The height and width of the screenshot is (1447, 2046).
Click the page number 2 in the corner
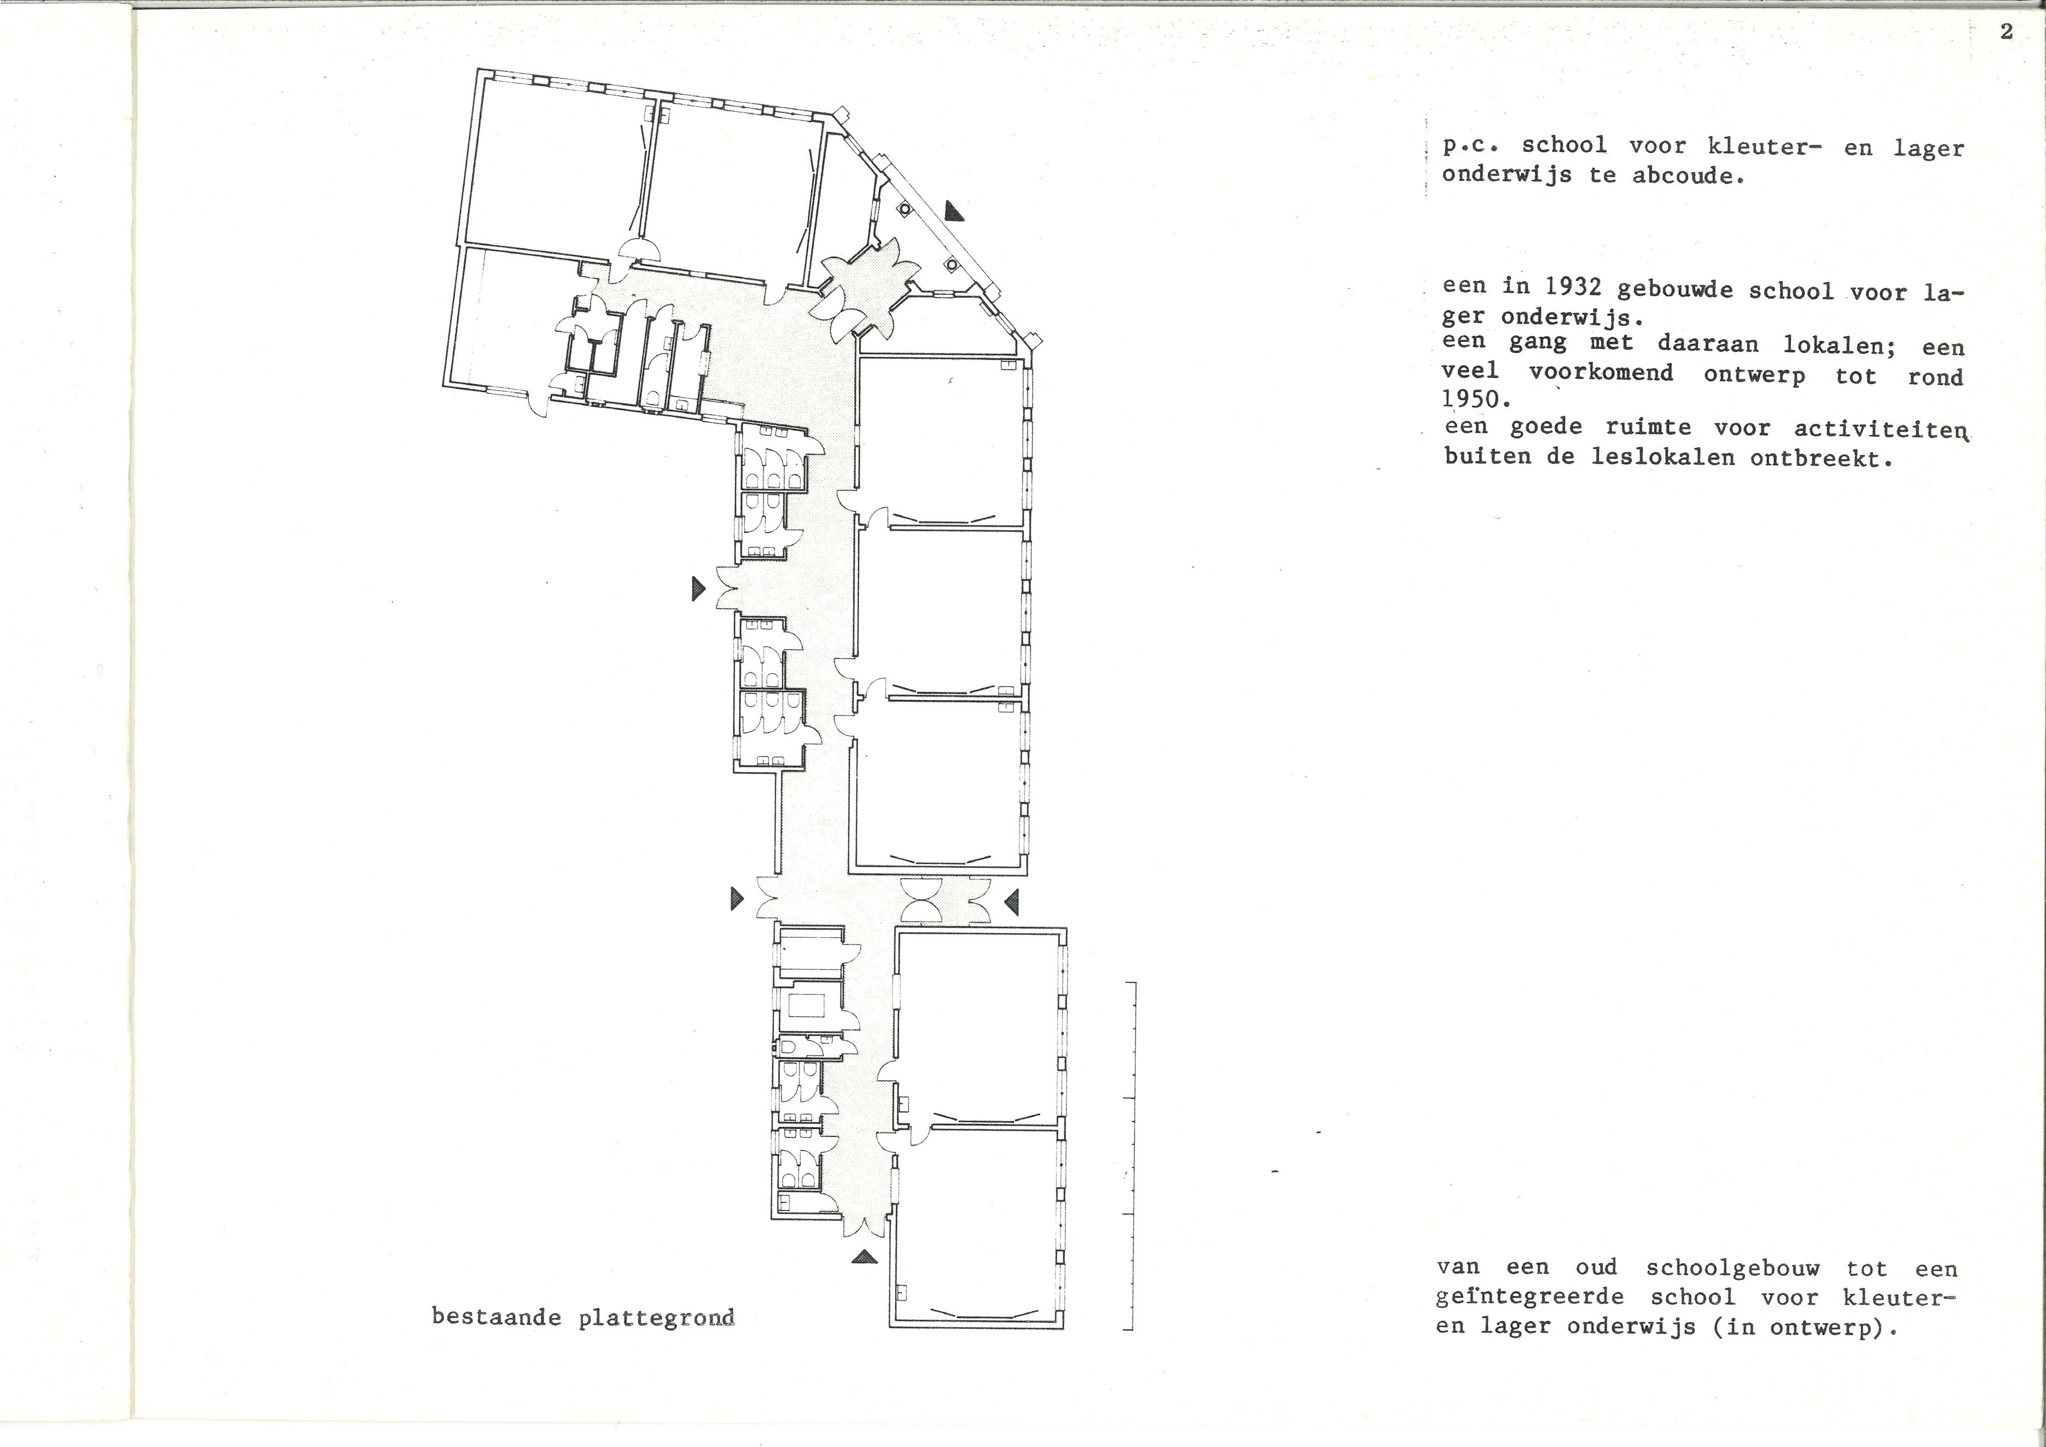pos(2006,32)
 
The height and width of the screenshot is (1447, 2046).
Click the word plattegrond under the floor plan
pos(657,1318)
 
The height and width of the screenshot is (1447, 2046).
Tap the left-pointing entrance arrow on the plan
pos(1012,903)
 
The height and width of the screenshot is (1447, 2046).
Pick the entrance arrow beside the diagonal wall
pos(955,211)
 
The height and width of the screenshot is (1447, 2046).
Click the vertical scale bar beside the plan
pos(1132,1156)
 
